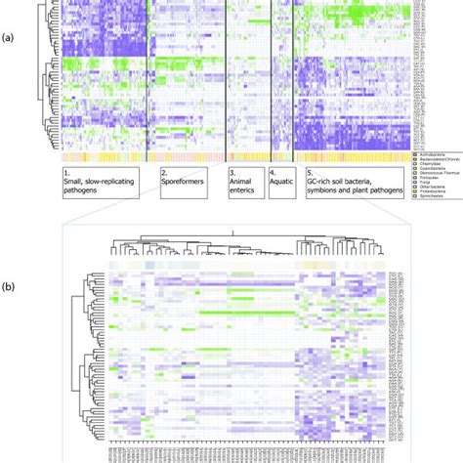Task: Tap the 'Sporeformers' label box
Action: (182, 183)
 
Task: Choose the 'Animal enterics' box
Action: (243, 183)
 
